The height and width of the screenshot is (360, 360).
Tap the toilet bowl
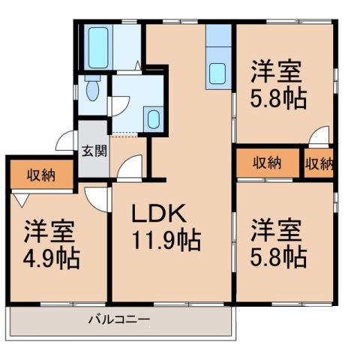click(91, 91)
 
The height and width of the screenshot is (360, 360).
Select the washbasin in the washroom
click(153, 118)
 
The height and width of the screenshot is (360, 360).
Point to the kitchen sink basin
click(217, 73)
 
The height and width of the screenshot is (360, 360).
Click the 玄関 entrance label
click(94, 149)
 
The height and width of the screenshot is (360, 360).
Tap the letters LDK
click(159, 214)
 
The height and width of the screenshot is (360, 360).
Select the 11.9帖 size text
click(166, 241)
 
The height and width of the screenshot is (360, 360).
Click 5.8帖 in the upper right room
click(278, 98)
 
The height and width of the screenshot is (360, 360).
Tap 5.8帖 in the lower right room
click(278, 256)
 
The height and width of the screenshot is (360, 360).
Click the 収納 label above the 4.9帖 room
click(40, 175)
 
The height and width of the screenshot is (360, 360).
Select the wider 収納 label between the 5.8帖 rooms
click(266, 163)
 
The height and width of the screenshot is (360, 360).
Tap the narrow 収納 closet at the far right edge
click(319, 163)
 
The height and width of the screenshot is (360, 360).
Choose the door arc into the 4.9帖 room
click(97, 196)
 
